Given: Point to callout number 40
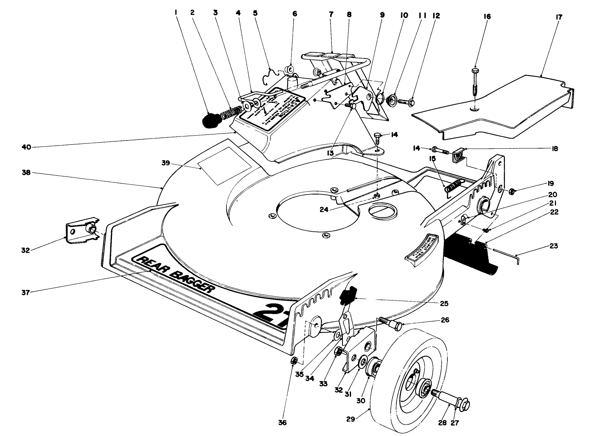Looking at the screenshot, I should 26,148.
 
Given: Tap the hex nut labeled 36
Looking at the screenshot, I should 293,361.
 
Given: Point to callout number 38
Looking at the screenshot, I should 26,172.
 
